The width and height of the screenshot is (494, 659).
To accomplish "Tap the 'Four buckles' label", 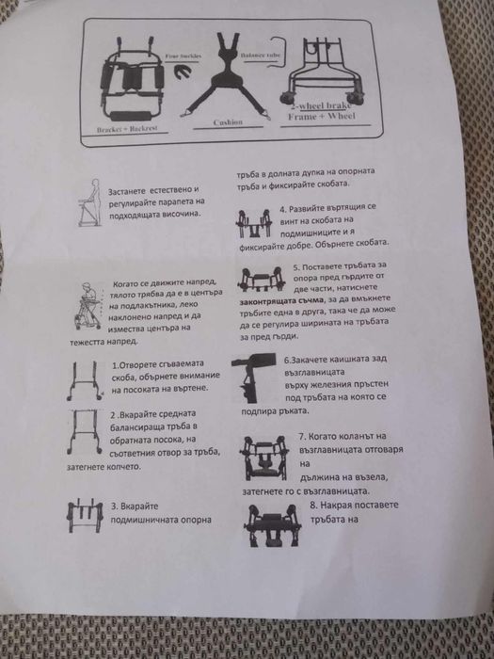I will (183, 56).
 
